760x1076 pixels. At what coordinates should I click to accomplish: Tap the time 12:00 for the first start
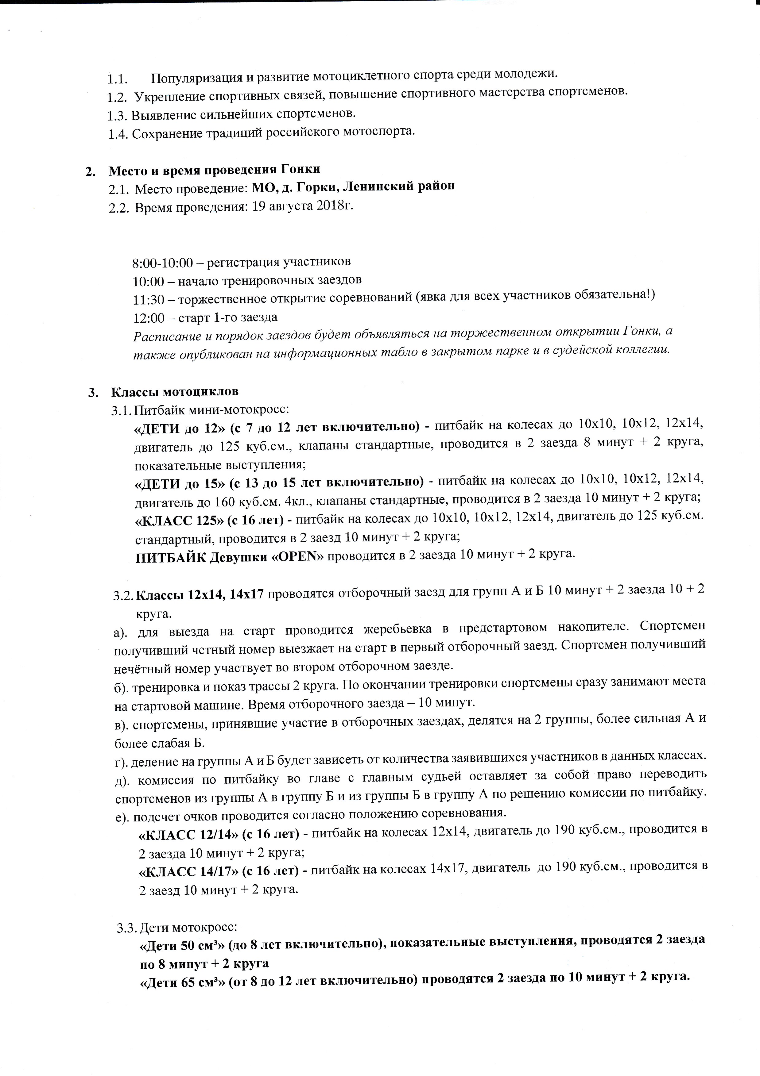[148, 318]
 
